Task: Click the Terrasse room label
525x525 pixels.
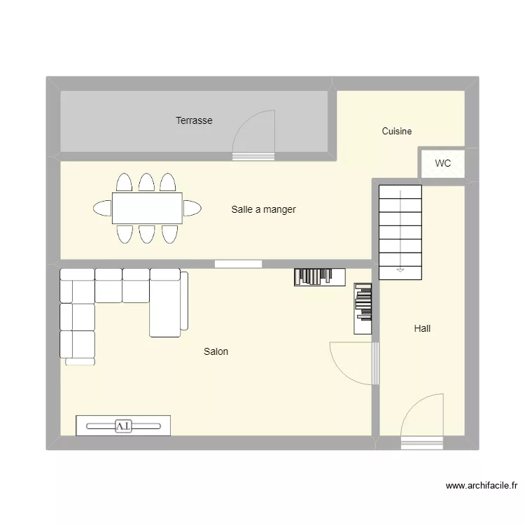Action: (194, 120)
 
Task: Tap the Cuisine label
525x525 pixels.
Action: (397, 131)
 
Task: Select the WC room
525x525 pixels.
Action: (442, 164)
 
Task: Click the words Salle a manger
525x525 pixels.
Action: (263, 209)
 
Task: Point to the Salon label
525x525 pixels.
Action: (216, 351)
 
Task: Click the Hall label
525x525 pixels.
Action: (422, 328)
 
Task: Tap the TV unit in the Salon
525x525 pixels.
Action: (123, 426)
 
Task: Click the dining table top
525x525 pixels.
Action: (147, 208)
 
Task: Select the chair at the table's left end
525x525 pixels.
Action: (102, 208)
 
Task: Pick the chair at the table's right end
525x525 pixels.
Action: (192, 208)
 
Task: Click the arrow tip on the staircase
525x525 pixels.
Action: (400, 269)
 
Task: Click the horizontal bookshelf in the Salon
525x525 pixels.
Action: (319, 277)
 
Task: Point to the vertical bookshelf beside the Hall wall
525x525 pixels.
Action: (363, 308)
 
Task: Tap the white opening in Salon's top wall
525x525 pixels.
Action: (238, 264)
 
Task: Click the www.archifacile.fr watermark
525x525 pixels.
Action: (481, 485)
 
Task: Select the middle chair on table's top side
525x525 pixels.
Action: (146, 183)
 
